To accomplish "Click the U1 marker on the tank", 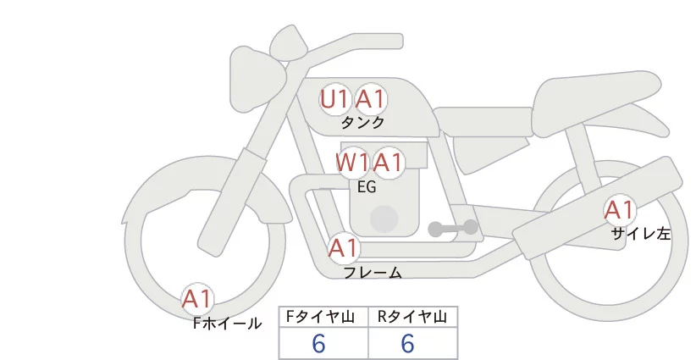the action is [334, 99].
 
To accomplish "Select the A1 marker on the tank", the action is [370, 99].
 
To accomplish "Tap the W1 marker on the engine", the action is [352, 163].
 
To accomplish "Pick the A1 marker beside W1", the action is [388, 163].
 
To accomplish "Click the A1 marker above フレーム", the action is [344, 248].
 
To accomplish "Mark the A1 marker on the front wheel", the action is [197, 299].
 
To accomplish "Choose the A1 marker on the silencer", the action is [620, 210].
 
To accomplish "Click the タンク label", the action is [362, 123].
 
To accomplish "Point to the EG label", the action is [367, 187].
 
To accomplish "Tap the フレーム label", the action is [373, 273].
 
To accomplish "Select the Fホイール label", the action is [227, 324].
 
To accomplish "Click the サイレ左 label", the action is [641, 234].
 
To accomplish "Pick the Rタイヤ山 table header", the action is [412, 317].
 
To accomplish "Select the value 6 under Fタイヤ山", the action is [318, 343].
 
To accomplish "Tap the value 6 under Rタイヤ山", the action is [407, 343].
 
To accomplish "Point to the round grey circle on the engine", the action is [384, 219].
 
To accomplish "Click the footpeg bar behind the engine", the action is [453, 228].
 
